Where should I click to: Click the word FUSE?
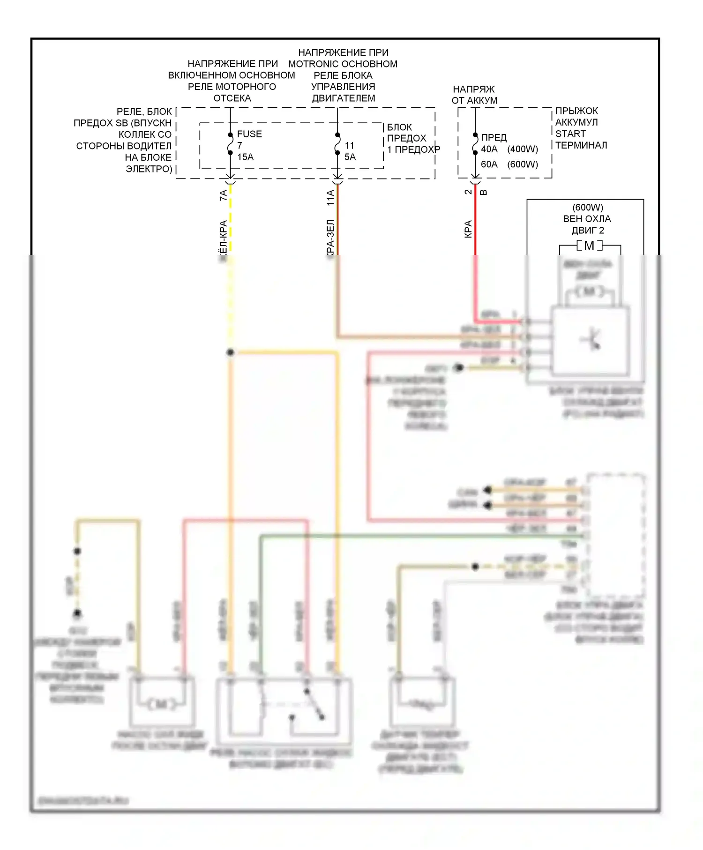click(x=249, y=134)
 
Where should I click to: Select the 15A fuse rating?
click(x=245, y=157)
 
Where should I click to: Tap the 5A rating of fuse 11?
click(x=350, y=157)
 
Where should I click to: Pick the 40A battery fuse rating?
click(x=489, y=149)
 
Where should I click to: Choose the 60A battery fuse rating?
click(x=489, y=164)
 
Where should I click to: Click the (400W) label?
click(x=523, y=149)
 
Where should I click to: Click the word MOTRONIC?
click(x=311, y=64)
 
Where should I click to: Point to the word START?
click(x=570, y=134)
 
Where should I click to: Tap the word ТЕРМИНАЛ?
click(x=581, y=145)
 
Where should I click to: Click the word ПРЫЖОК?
click(x=576, y=111)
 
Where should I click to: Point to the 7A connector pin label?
click(x=224, y=195)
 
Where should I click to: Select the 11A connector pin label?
click(x=330, y=198)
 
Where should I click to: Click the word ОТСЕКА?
click(x=232, y=98)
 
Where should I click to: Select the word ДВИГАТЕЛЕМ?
click(x=344, y=98)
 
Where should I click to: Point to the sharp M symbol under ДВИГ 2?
click(x=589, y=246)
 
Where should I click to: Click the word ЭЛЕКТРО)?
click(x=149, y=169)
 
